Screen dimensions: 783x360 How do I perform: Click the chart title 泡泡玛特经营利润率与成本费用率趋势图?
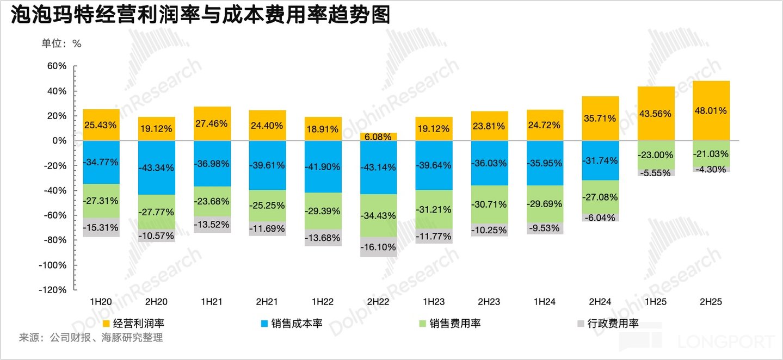click(200, 15)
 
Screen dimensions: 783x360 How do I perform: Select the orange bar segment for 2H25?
click(711, 111)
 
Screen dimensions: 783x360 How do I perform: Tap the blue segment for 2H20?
click(157, 168)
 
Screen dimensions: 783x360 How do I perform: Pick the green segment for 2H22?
click(379, 216)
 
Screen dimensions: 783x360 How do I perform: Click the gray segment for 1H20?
click(101, 227)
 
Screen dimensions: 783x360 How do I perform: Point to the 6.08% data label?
click(378, 136)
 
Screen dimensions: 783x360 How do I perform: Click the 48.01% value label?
click(711, 111)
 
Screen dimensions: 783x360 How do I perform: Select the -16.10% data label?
click(378, 247)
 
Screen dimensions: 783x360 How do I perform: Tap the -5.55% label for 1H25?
click(656, 173)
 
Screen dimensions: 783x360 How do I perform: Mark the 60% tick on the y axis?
click(57, 66)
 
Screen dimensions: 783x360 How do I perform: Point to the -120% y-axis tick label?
click(52, 290)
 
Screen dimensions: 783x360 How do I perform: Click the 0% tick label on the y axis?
click(59, 141)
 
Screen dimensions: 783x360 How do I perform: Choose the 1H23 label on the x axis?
click(434, 302)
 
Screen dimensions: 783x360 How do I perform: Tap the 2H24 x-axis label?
click(600, 302)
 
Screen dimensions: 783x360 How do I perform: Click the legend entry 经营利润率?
click(133, 324)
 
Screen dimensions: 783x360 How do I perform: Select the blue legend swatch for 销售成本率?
click(264, 324)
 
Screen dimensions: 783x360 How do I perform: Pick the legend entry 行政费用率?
click(608, 324)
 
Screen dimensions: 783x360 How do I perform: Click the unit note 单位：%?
click(61, 44)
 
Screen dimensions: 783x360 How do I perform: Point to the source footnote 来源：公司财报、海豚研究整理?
click(91, 338)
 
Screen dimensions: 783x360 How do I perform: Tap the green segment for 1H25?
click(656, 155)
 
